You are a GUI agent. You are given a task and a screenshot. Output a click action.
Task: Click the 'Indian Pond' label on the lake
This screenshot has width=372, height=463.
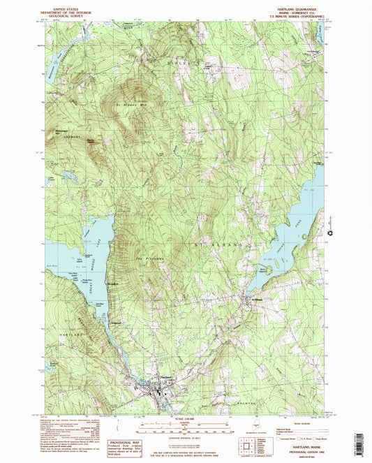click(x=308, y=234)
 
